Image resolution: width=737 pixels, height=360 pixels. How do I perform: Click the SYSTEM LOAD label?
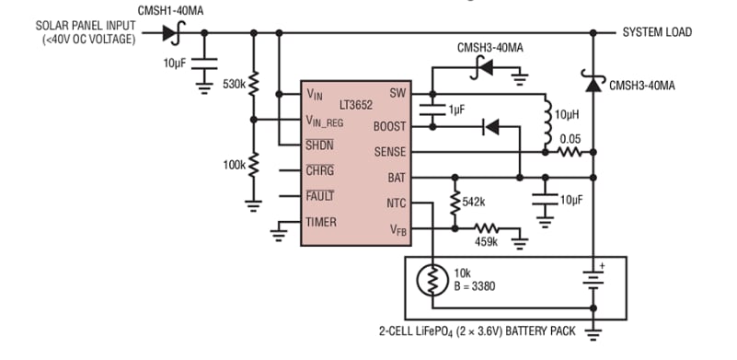(x=657, y=32)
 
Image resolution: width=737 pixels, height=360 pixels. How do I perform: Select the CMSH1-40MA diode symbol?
(x=172, y=33)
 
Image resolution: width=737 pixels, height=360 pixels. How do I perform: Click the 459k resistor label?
(x=485, y=241)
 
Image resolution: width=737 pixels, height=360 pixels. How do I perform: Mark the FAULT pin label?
(x=319, y=195)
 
